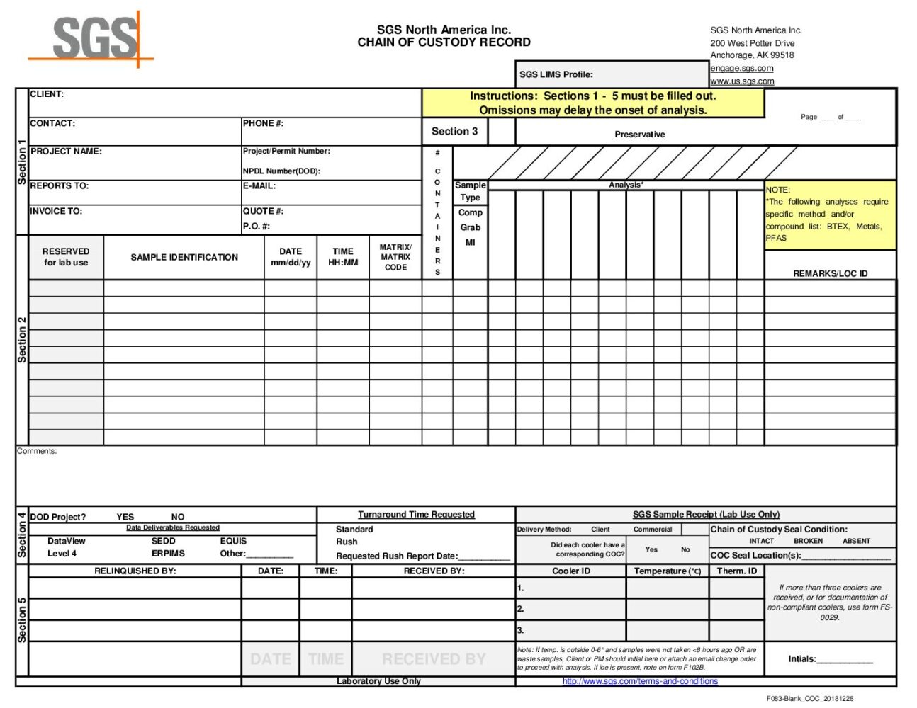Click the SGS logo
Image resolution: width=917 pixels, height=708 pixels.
[94, 39]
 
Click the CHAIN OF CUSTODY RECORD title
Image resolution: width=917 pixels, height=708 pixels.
[444, 42]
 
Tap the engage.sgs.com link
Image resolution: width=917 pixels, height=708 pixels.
[741, 68]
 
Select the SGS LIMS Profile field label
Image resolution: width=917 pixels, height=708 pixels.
[556, 74]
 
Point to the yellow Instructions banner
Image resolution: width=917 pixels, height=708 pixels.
[592, 103]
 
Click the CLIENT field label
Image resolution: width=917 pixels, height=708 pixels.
[47, 94]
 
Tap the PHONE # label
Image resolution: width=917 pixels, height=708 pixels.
[263, 123]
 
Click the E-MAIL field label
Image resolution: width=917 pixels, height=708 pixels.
[259, 186]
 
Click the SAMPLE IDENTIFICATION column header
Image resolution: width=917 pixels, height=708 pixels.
[184, 258]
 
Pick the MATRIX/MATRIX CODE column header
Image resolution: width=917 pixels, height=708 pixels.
[395, 258]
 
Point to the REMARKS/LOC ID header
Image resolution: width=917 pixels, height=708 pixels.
[830, 273]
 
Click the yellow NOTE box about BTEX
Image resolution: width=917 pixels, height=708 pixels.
[830, 215]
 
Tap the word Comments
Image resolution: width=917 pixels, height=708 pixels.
[37, 451]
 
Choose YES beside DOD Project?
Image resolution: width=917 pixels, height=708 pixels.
[125, 517]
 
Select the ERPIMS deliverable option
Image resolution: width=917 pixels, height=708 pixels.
[168, 554]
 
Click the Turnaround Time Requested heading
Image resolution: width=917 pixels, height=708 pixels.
[416, 515]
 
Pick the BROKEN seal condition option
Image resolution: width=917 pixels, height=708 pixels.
[808, 541]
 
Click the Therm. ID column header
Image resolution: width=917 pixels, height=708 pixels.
[737, 571]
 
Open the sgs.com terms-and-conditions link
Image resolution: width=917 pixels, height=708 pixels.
[640, 681]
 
